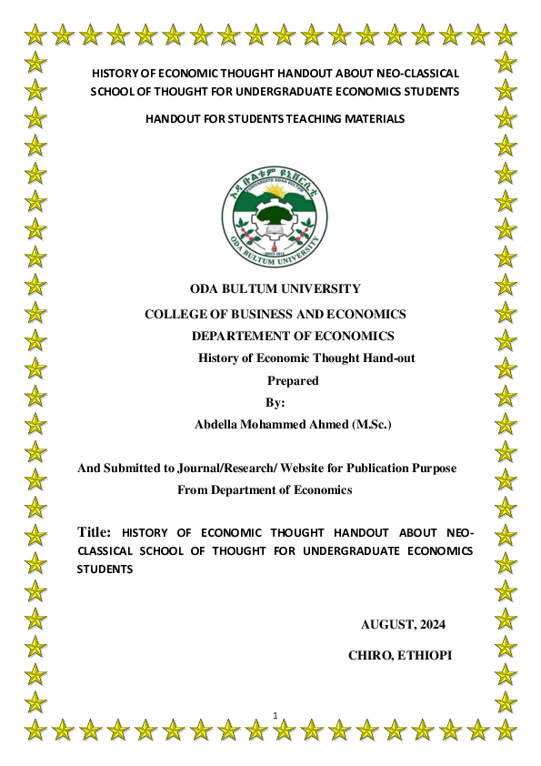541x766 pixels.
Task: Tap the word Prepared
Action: (x=292, y=381)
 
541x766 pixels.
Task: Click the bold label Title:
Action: (x=95, y=531)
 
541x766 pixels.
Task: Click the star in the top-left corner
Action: (x=35, y=36)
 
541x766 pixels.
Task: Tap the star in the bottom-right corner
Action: (x=506, y=730)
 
